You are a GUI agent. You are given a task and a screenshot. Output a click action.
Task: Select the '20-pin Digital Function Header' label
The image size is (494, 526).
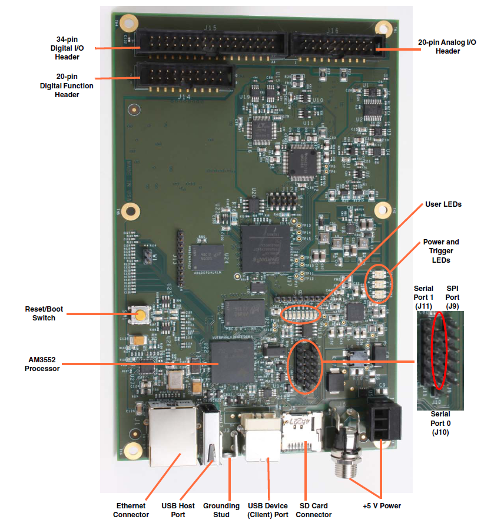pyautogui.click(x=67, y=85)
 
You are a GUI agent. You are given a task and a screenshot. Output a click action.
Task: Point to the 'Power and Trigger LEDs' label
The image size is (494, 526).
pyautogui.click(x=440, y=251)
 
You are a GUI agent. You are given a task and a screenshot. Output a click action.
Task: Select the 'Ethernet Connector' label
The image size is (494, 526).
pyautogui.click(x=131, y=510)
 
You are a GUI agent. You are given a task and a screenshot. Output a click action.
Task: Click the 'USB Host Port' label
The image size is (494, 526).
pyautogui.click(x=178, y=510)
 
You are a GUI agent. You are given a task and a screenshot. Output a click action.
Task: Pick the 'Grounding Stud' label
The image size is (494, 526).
pyautogui.click(x=221, y=510)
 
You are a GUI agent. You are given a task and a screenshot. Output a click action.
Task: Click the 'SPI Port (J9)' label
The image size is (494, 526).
pyautogui.click(x=452, y=298)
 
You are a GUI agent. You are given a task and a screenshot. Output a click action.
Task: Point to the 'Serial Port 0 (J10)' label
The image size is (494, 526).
pyautogui.click(x=440, y=423)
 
